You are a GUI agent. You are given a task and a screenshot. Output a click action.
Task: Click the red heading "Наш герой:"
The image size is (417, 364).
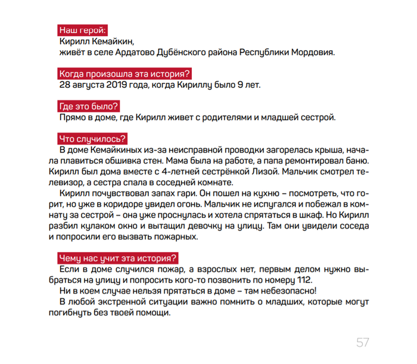pos(83,30)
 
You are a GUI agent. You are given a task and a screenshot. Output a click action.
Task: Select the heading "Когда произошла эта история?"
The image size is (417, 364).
pos(124,74)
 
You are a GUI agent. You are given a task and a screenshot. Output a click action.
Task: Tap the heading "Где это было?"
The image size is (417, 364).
pos(89,107)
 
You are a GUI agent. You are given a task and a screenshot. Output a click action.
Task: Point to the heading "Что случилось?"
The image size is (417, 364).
pos(92,139)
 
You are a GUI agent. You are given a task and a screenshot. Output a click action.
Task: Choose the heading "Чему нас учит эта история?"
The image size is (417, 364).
pos(117,258)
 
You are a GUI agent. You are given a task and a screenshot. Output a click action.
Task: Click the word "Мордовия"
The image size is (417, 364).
pos(313,52)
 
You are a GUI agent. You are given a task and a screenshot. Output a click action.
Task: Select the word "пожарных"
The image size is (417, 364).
pos(175,237)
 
